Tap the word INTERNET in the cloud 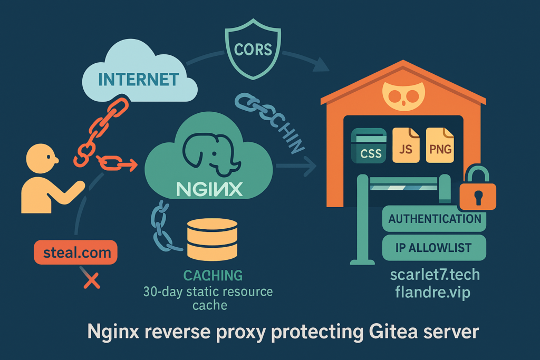pos(139,80)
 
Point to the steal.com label pos(75,252)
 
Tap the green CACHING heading pos(213,275)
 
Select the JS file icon pos(406,144)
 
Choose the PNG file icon pos(440,144)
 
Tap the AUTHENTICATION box pos(434,219)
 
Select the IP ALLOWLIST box pos(434,248)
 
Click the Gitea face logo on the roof pos(402,96)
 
